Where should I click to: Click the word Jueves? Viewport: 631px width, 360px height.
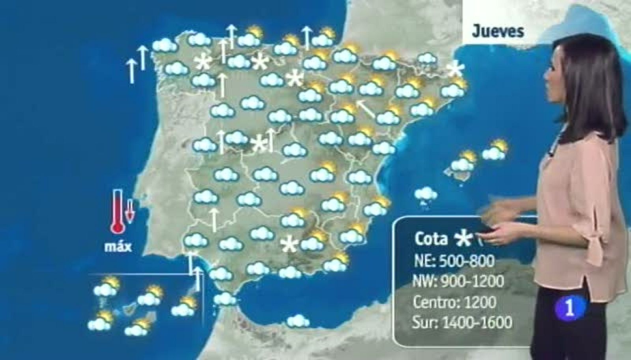click(498, 32)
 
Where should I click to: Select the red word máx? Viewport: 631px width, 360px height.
click(118, 247)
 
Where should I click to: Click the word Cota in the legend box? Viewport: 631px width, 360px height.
click(431, 239)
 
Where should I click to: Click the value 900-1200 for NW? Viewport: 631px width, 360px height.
click(476, 282)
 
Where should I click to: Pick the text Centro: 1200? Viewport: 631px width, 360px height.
click(454, 302)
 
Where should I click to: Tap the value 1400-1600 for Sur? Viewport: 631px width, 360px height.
click(478, 322)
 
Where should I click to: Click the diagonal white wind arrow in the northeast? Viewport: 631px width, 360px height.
click(365, 109)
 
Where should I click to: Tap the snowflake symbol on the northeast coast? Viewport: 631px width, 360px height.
click(456, 70)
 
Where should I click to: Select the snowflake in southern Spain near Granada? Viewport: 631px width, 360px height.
click(289, 244)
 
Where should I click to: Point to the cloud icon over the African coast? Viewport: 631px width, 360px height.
click(298, 321)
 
